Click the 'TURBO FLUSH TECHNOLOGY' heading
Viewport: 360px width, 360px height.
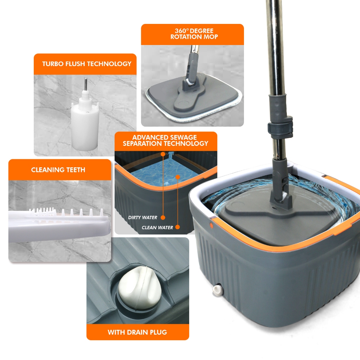(x=86, y=64)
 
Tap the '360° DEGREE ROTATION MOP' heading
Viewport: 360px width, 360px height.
(x=194, y=34)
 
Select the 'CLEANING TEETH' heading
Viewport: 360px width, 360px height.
(x=58, y=170)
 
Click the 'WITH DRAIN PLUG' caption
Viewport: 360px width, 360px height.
(x=137, y=332)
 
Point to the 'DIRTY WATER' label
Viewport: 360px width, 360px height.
(x=142, y=218)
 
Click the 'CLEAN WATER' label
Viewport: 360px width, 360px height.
(x=157, y=227)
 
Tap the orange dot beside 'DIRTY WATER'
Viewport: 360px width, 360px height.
(x=163, y=218)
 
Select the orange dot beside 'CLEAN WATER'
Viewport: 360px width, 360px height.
(x=178, y=227)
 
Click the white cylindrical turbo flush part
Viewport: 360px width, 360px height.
(x=85, y=123)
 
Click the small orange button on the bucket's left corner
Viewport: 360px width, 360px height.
(x=211, y=225)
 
